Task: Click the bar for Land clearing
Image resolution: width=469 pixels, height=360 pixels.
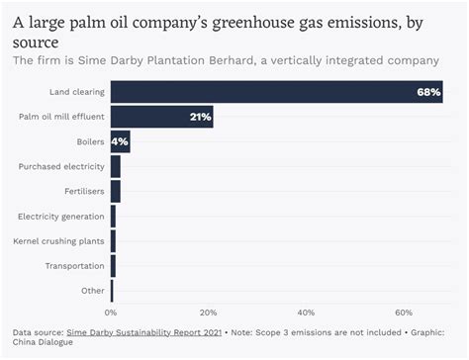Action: click(276, 93)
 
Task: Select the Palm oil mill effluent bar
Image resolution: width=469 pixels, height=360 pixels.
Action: click(161, 118)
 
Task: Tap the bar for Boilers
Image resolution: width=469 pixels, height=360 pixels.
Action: click(120, 142)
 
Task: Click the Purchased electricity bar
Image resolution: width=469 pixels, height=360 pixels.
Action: click(116, 166)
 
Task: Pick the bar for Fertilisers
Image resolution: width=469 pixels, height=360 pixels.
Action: click(116, 191)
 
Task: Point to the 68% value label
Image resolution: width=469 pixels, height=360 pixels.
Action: click(428, 93)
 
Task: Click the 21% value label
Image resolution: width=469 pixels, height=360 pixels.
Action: click(200, 118)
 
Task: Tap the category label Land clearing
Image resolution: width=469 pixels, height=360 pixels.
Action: click(77, 93)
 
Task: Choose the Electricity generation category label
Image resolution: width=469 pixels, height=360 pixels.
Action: click(61, 216)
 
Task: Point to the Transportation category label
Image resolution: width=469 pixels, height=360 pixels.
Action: click(74, 265)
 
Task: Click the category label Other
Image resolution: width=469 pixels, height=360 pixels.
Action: click(93, 290)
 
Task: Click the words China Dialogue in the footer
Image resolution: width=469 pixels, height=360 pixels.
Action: click(38, 344)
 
